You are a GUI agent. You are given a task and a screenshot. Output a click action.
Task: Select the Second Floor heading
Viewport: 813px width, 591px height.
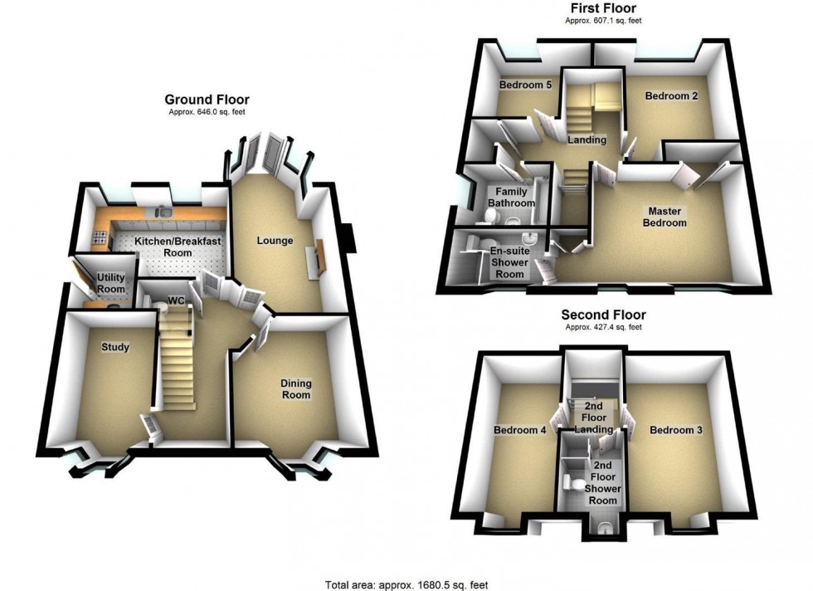click(x=603, y=315)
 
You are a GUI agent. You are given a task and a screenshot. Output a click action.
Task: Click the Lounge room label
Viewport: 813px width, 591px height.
click(x=275, y=241)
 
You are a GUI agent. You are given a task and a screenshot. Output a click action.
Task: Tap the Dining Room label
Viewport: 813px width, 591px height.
click(x=295, y=388)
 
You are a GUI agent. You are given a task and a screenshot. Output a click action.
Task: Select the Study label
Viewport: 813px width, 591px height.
click(x=115, y=347)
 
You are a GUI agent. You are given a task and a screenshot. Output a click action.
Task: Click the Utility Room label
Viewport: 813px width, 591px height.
click(x=110, y=282)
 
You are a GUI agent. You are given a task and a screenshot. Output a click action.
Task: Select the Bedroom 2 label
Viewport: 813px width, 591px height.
click(x=671, y=95)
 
